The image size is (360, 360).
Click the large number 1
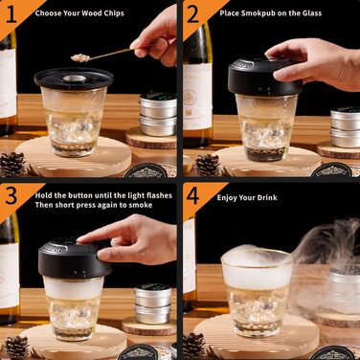pos(11,14)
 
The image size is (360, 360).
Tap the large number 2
pos(192,14)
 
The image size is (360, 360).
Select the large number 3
pos(11,195)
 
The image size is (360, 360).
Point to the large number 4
pos(192,195)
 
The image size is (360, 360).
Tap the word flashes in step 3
pos(158,195)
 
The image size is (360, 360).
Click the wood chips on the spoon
pos(80,57)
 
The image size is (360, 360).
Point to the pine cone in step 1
pos(12,164)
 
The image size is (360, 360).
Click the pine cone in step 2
pos(208,165)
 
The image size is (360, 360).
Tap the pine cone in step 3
pos(16,348)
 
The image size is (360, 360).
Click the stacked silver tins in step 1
pos(158,114)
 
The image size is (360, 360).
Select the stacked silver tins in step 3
pos(153,304)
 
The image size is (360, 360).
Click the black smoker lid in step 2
pos(265,77)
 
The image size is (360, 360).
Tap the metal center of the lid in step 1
pos(74,79)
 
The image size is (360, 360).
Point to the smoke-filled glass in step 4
pos(258,293)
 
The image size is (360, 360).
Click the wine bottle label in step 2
pos(198,97)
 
